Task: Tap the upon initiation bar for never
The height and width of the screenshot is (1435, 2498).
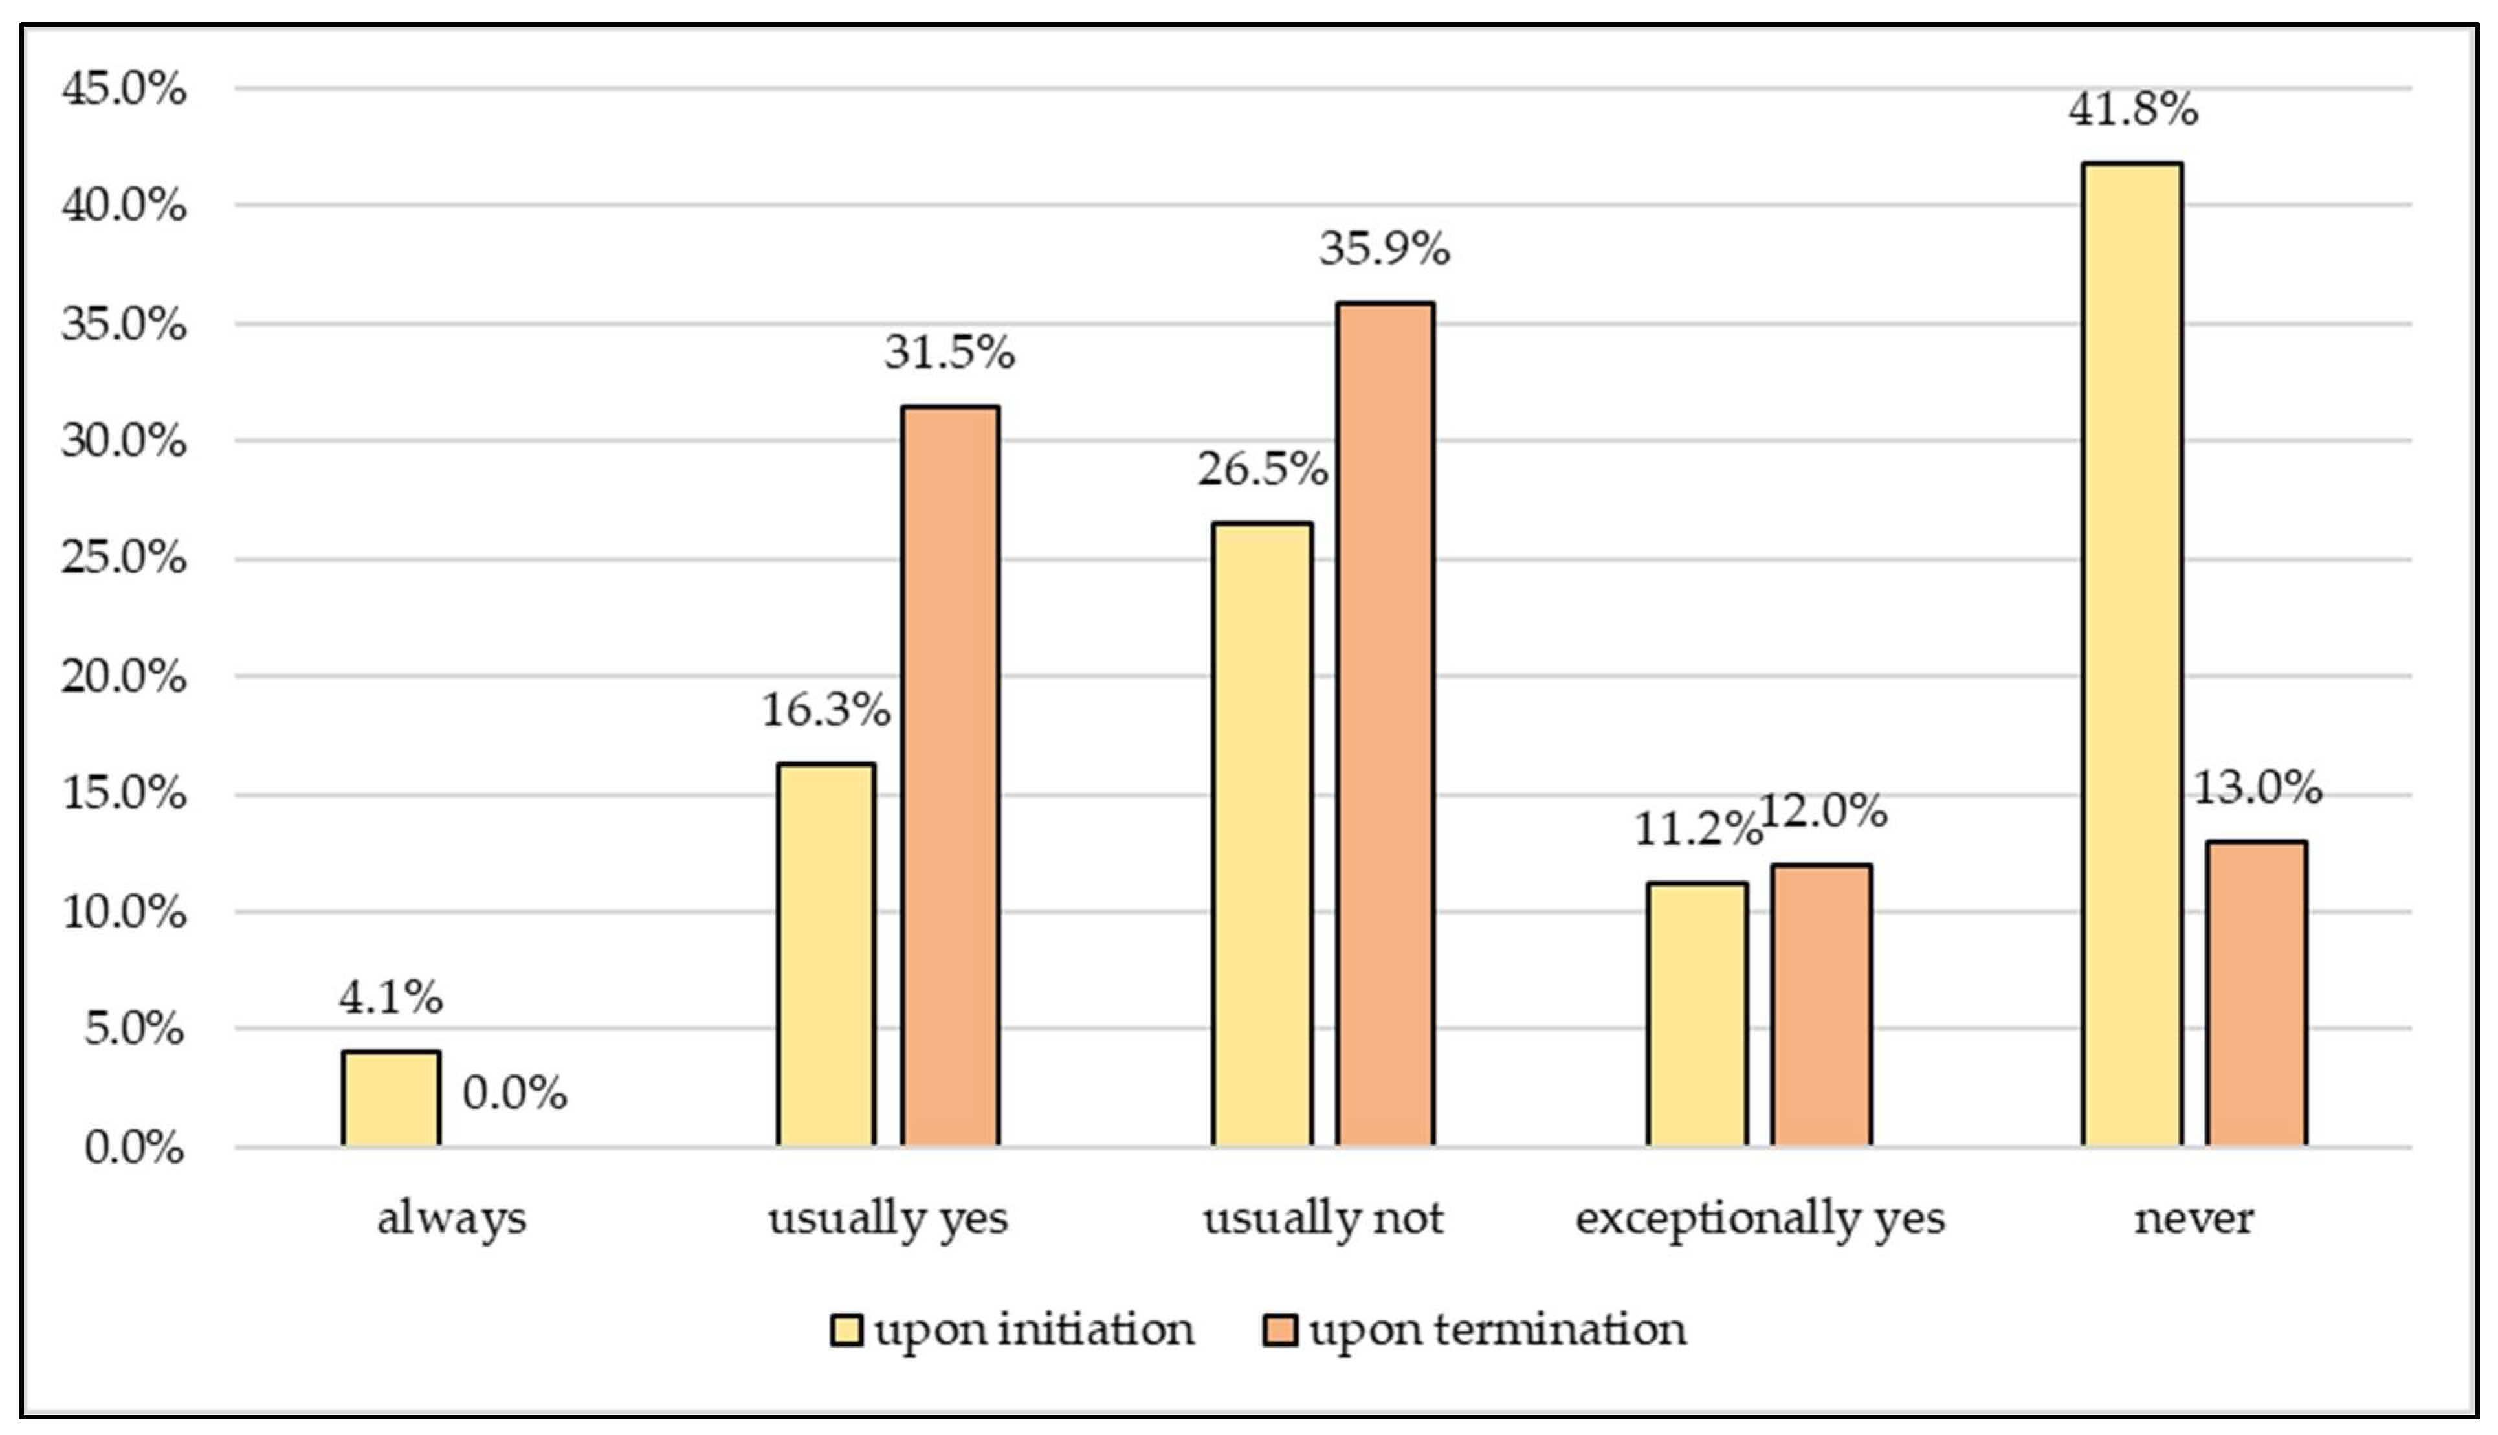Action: [x=2132, y=654]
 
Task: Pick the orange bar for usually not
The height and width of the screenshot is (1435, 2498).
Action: [x=1384, y=724]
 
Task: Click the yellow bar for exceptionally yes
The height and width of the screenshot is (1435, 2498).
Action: [x=1697, y=1014]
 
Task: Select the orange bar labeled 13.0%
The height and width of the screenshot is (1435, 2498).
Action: [x=2255, y=994]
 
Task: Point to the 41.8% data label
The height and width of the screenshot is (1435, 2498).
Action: [x=2132, y=109]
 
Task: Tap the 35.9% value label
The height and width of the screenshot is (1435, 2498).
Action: [x=1384, y=249]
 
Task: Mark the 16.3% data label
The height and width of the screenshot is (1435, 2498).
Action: [x=826, y=709]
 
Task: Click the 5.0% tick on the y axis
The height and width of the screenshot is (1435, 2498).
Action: [x=133, y=1029]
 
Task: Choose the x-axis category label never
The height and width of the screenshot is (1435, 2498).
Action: [x=2193, y=1218]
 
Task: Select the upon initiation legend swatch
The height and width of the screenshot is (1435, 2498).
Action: [x=845, y=1329]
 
